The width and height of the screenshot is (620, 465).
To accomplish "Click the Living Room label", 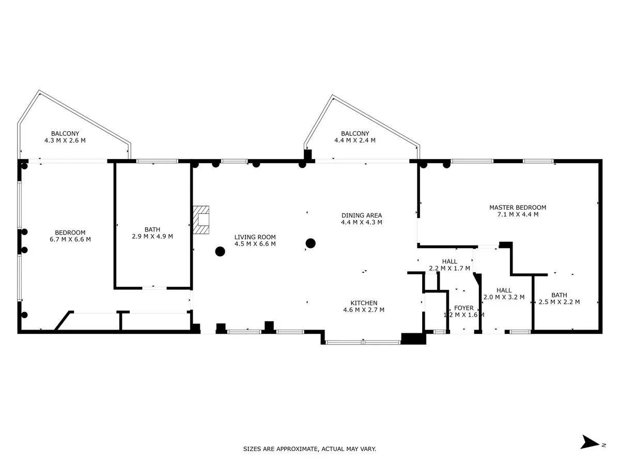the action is pyautogui.click(x=255, y=237).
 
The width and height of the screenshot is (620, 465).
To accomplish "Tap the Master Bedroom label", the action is pyautogui.click(x=518, y=208).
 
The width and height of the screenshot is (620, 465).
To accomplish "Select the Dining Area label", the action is pyautogui.click(x=362, y=215).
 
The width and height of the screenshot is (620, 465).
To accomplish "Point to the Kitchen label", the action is pyautogui.click(x=364, y=303).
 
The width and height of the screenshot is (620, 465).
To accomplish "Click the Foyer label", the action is pyautogui.click(x=463, y=308).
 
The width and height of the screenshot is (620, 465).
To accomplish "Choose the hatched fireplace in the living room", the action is pyautogui.click(x=201, y=220).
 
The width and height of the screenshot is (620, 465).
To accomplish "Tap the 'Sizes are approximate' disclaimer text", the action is pyautogui.click(x=309, y=448).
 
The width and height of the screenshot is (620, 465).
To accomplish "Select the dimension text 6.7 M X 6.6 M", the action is pyautogui.click(x=70, y=239).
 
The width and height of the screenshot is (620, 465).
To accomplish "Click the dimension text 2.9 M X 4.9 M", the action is pyautogui.click(x=152, y=236).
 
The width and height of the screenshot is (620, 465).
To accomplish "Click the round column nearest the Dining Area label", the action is pyautogui.click(x=311, y=243).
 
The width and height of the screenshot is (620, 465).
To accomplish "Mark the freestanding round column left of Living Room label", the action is pyautogui.click(x=220, y=251).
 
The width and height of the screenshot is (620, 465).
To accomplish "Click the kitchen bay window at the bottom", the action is pyautogui.click(x=363, y=343).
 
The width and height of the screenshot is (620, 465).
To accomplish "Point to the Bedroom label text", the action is pyautogui.click(x=70, y=233).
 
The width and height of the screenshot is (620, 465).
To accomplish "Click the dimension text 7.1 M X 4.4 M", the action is pyautogui.click(x=518, y=214).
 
